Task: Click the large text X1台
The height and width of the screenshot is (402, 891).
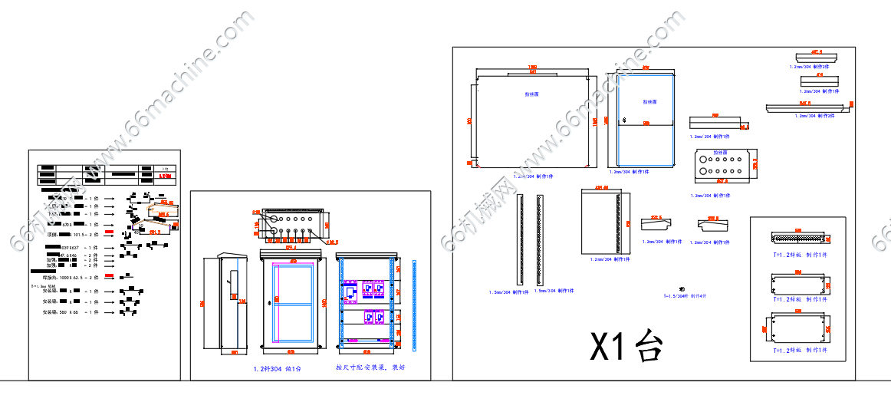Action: (x=626, y=346)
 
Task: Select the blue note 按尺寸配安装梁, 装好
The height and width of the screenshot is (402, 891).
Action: (x=370, y=367)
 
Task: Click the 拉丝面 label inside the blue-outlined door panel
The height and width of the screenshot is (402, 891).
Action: (x=649, y=101)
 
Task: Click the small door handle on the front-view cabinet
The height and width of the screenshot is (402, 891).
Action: (x=277, y=298)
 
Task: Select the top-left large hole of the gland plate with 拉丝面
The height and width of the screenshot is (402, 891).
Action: (x=701, y=157)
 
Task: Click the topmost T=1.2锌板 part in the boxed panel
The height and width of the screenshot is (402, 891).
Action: (x=798, y=239)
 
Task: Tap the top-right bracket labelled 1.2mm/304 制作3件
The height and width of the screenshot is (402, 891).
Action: (x=817, y=60)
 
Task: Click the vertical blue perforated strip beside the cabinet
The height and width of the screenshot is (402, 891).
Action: (x=414, y=305)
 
